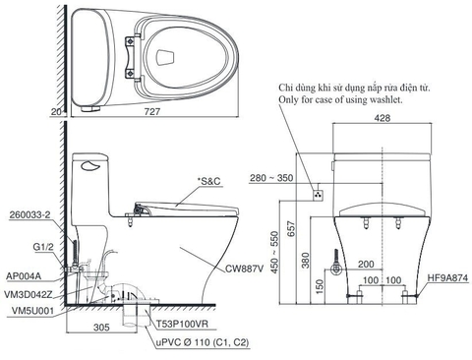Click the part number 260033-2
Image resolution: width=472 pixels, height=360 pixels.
point(28,212)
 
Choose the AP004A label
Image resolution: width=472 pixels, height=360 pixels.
point(25,276)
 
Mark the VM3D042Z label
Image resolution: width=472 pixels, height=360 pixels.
point(30,293)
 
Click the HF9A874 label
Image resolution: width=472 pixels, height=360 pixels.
point(447,278)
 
